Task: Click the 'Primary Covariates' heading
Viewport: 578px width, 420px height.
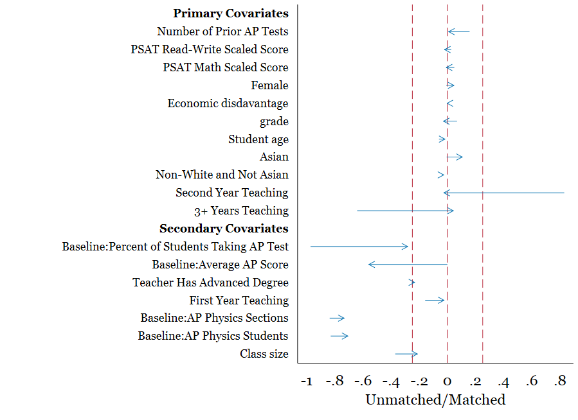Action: coord(231,13)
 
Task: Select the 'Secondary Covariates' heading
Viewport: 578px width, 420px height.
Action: coord(224,229)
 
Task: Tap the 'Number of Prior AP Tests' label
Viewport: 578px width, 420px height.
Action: coord(222,31)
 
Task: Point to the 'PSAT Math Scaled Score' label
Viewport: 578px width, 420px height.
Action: coord(226,67)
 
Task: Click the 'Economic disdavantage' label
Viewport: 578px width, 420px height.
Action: coord(228,103)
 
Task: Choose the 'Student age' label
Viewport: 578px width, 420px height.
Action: coord(258,139)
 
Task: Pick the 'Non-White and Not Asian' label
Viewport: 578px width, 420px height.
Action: coord(222,175)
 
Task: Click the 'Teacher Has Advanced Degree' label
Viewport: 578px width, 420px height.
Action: coord(210,283)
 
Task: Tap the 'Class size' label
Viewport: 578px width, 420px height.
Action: coord(264,354)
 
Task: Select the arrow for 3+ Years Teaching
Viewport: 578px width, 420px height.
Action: coord(405,211)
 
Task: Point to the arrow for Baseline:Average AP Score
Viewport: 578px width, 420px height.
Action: coord(408,265)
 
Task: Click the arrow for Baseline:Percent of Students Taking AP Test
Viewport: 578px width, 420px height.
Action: coord(359,247)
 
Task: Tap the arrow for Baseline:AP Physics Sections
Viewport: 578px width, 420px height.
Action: coord(338,319)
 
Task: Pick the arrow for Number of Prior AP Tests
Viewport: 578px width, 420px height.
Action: coord(458,31)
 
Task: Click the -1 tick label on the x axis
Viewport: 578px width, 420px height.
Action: coord(306,381)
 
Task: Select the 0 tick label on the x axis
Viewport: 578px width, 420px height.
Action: coord(448,381)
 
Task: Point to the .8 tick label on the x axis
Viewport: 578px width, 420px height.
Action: coord(559,381)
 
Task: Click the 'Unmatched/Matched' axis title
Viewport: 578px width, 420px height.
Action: coord(435,400)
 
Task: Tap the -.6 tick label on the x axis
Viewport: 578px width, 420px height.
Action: coord(363,381)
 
